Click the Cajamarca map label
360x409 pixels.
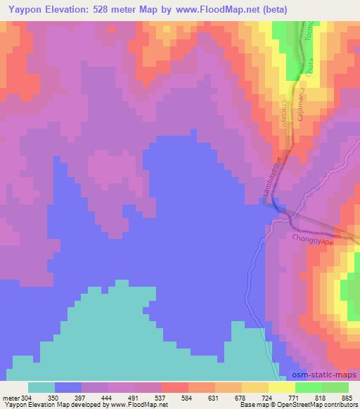point(300,105)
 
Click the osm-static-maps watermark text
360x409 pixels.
point(321,375)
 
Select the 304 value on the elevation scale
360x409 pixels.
point(27,398)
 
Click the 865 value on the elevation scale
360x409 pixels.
point(346,398)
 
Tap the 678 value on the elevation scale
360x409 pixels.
point(239,398)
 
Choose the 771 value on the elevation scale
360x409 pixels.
point(292,398)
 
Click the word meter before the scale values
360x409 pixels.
point(11,398)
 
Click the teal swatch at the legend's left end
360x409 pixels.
point(41,387)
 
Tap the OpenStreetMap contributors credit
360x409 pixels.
point(325,405)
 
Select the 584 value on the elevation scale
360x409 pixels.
point(186,398)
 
